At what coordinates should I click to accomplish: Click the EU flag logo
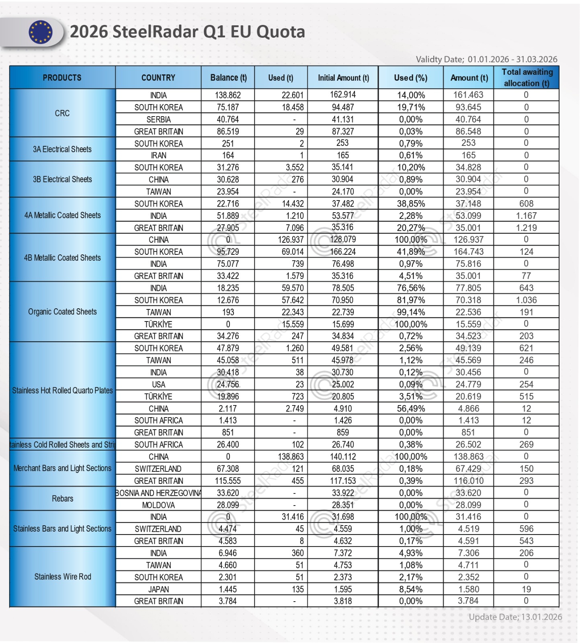click(x=40, y=32)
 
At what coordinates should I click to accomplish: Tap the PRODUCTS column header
click(x=62, y=78)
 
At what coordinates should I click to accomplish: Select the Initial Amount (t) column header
click(x=343, y=78)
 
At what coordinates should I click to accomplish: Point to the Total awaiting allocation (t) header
click(x=527, y=78)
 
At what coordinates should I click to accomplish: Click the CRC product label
click(x=62, y=113)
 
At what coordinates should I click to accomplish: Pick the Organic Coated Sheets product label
click(x=62, y=312)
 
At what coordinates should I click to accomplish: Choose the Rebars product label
click(x=62, y=499)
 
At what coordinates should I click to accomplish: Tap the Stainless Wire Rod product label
click(x=62, y=577)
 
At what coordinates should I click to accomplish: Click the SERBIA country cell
click(x=158, y=119)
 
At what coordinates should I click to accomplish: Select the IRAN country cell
click(x=158, y=156)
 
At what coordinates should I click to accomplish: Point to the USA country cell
click(x=158, y=385)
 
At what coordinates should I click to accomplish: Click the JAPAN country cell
click(x=158, y=590)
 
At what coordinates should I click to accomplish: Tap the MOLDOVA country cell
click(x=158, y=505)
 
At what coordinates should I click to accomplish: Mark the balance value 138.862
click(x=227, y=95)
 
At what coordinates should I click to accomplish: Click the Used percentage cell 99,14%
click(x=411, y=312)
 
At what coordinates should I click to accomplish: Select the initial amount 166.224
click(x=343, y=252)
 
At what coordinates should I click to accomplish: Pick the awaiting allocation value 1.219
click(x=526, y=228)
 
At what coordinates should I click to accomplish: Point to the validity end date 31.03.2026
click(x=537, y=59)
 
